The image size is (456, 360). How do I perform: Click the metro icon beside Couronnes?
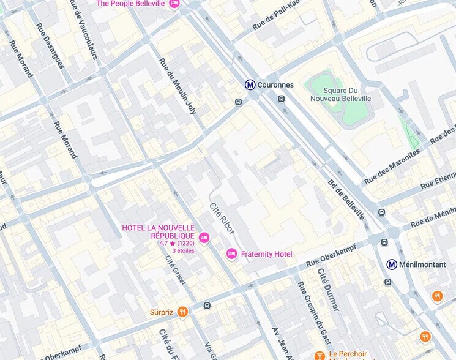250,85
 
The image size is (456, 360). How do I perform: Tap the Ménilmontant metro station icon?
392,264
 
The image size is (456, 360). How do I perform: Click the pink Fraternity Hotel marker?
231,253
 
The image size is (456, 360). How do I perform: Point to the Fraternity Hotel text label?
266,254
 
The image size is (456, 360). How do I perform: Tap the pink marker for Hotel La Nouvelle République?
204,237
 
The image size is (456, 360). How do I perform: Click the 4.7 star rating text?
177,243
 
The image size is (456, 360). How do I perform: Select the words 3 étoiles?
183,250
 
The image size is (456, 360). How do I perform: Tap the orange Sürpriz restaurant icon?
182,312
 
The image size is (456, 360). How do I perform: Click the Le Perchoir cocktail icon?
319,355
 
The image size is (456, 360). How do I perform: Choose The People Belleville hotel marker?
174,4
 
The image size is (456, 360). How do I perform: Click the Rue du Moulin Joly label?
178,86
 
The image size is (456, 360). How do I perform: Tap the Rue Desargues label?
50,46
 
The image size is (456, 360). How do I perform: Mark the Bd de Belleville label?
346,200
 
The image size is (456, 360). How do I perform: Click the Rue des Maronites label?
392,167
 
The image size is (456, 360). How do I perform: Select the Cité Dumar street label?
327,289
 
